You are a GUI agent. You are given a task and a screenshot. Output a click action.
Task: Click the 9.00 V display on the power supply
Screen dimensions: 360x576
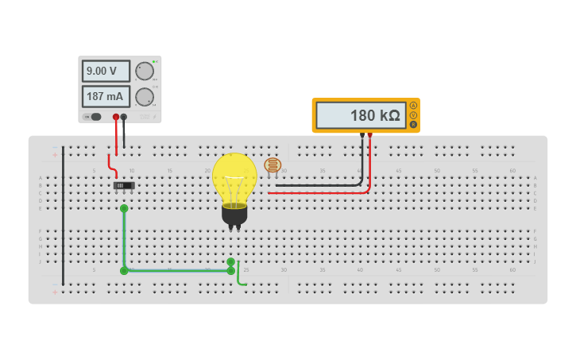pos(106,72)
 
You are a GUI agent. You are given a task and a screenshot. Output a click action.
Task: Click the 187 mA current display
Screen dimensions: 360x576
pos(106,97)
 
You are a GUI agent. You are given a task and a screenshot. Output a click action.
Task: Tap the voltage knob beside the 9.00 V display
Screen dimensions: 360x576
pos(144,72)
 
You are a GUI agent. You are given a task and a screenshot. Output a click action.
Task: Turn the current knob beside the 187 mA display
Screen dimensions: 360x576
pos(144,97)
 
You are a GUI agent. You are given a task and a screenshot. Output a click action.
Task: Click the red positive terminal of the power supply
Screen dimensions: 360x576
pos(116,117)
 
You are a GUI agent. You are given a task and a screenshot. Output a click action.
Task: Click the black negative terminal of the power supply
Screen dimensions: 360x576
pos(123,117)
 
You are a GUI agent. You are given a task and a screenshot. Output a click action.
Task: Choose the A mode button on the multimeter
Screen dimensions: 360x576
pos(413,106)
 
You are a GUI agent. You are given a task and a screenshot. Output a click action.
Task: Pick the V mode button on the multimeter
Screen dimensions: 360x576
pos(413,115)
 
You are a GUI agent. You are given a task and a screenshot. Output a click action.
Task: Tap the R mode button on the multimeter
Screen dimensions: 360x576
pos(413,125)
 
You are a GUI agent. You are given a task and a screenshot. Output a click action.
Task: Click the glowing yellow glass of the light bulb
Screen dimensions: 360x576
pos(234,176)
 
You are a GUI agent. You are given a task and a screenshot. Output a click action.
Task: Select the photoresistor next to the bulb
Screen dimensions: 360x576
pos(273,165)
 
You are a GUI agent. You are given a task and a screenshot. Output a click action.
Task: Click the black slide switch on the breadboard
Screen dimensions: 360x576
pos(124,185)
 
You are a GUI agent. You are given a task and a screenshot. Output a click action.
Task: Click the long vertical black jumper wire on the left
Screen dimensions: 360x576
pos(63,215)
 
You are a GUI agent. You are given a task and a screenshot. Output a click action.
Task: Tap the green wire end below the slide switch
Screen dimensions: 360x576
pos(124,208)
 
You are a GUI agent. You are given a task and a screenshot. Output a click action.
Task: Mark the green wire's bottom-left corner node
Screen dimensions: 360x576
pos(124,271)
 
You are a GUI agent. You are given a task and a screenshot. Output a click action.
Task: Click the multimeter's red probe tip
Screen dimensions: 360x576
pos(369,135)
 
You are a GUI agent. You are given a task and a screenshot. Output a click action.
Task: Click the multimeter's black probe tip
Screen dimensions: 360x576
pos(362,135)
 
